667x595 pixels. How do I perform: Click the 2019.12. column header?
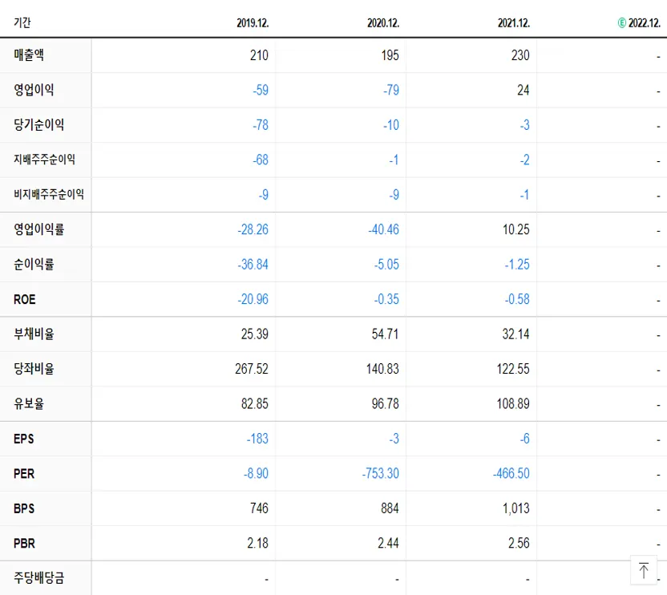click(253, 23)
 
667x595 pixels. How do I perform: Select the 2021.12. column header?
click(513, 23)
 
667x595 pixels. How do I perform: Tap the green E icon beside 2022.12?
click(621, 23)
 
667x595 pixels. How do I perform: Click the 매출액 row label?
click(29, 56)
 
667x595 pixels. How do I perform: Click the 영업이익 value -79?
click(390, 91)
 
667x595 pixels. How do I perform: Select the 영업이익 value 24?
click(523, 91)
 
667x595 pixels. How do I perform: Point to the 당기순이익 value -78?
click(260, 126)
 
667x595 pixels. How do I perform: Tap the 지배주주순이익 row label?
click(44, 160)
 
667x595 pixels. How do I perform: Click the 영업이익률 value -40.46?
click(383, 230)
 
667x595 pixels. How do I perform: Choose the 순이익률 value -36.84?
click(253, 265)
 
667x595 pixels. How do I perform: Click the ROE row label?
click(25, 300)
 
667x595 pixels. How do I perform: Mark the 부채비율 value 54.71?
click(385, 334)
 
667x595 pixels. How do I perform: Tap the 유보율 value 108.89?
click(513, 404)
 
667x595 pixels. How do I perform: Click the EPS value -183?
click(257, 439)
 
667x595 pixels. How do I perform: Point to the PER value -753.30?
click(380, 474)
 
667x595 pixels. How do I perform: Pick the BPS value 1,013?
click(515, 508)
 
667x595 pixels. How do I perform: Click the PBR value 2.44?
click(387, 544)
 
